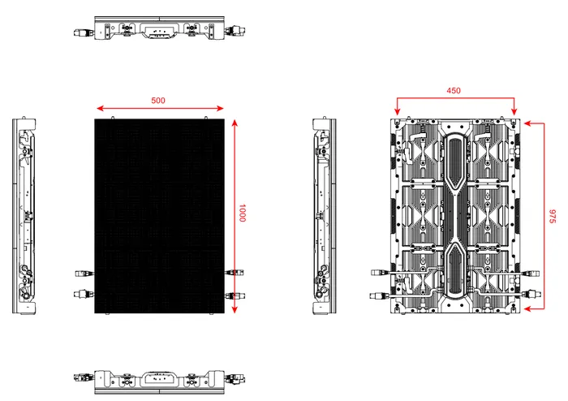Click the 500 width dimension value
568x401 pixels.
click(158, 101)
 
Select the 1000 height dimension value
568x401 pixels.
click(242, 215)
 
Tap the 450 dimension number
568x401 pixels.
click(454, 91)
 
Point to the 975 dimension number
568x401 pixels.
click(552, 217)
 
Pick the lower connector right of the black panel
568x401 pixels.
click(234, 295)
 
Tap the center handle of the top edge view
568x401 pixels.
click(159, 30)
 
